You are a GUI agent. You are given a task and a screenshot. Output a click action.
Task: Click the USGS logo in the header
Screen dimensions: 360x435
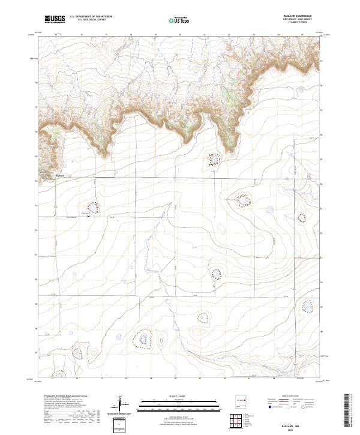tap(55, 20)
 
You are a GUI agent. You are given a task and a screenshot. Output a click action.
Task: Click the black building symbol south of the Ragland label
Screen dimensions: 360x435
tap(88, 217)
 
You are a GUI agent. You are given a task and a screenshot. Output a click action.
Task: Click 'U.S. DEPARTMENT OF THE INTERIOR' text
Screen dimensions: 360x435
tap(91, 17)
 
